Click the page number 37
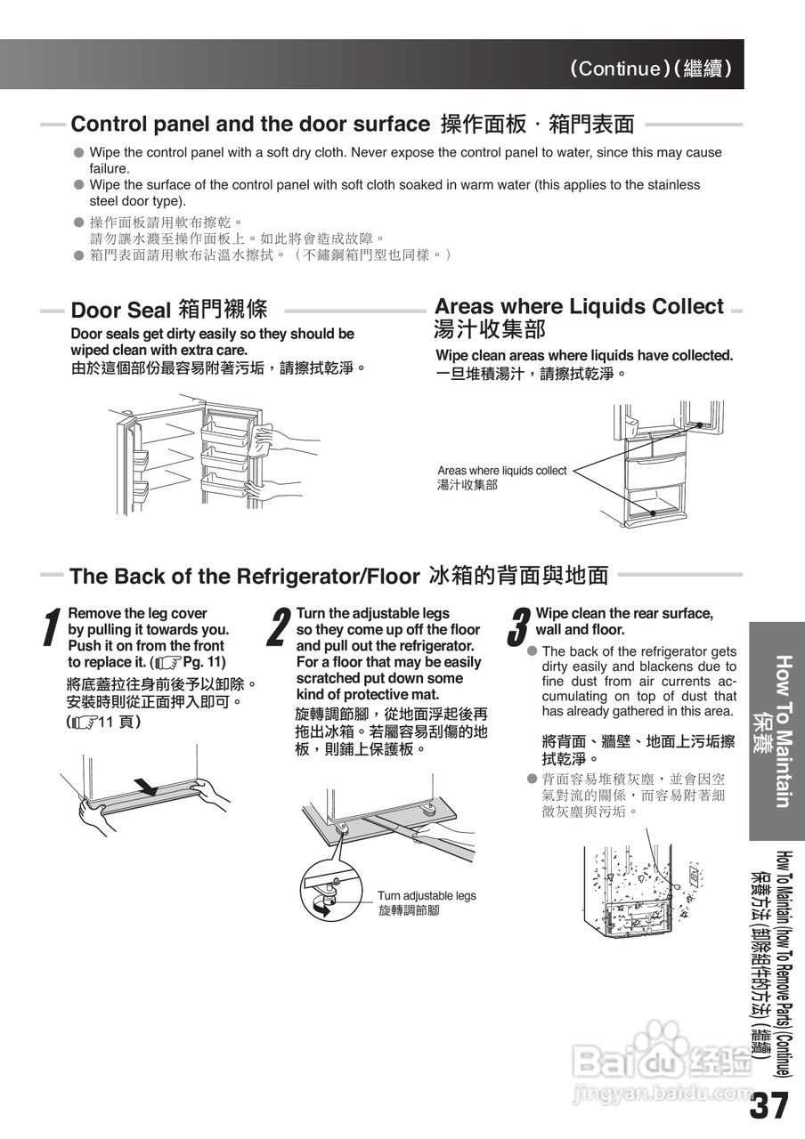point(769,1106)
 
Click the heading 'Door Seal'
point(120,311)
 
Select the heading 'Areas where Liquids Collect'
point(578,307)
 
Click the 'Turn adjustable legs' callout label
point(427,896)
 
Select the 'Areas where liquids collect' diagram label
point(501,471)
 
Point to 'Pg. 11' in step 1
point(204,662)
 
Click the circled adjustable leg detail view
point(330,892)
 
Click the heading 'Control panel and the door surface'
point(249,124)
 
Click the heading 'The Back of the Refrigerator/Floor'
point(243,576)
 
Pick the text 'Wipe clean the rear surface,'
point(623,614)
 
